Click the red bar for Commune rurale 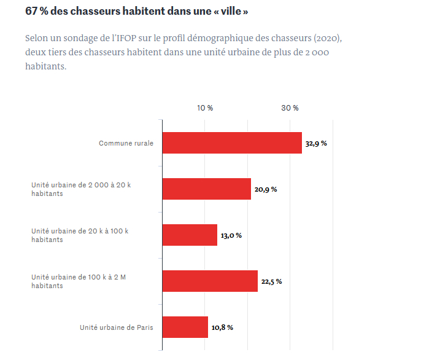pos(232,143)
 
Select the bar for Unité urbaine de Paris pos(185,327)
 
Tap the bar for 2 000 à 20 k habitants pos(207,189)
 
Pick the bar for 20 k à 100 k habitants pos(190,235)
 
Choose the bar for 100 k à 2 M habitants pos(210,281)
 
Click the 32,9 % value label pos(316,143)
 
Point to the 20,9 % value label pos(266,189)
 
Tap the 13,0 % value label pos(231,235)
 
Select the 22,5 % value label pos(271,281)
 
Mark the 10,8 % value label pos(222,327)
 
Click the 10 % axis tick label pos(205,108)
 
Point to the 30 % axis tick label pos(290,108)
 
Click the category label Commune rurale pos(126,143)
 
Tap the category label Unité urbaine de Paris pos(117,327)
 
